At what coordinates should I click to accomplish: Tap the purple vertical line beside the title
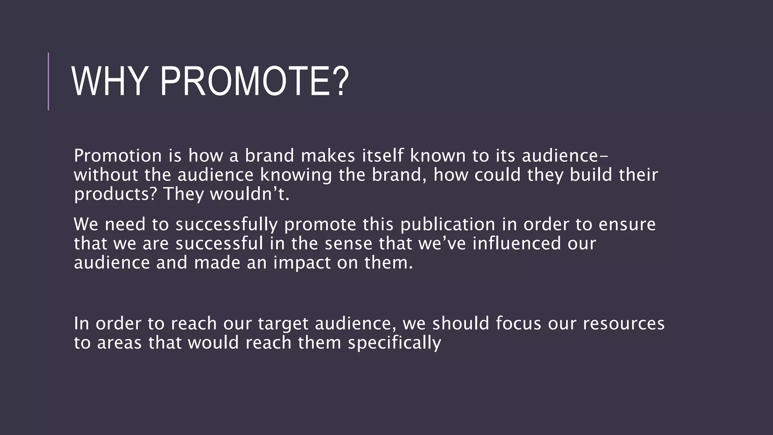click(x=48, y=81)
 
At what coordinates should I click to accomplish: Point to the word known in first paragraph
click(x=438, y=156)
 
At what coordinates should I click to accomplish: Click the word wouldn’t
click(x=249, y=194)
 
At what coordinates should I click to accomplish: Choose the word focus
click(x=518, y=324)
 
